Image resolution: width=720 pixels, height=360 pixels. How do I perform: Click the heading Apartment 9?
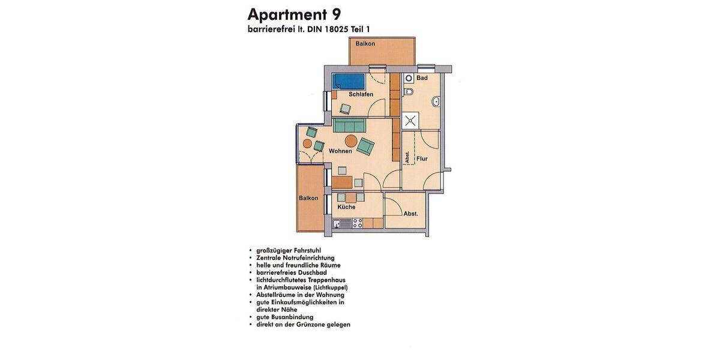point(295,14)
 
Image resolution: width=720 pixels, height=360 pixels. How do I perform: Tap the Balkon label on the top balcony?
point(365,44)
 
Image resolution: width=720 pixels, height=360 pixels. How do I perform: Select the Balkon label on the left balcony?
point(308,198)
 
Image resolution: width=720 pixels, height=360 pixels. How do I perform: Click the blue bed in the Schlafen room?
point(349,81)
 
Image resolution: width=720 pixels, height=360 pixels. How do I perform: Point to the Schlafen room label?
point(361,94)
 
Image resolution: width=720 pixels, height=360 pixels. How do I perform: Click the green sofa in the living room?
point(349,125)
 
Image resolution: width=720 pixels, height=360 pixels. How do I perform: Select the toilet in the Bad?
point(409,92)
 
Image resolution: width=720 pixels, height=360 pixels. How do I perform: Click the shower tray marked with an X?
point(410,119)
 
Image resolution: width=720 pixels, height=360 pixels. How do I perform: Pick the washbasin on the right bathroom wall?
point(437,101)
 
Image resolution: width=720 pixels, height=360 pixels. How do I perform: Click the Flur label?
point(422,159)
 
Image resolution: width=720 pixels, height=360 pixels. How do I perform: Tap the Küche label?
point(346,207)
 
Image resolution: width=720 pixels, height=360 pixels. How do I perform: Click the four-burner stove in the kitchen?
point(358,223)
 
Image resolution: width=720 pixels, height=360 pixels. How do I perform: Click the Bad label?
point(422,78)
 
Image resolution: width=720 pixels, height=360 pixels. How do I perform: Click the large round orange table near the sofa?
point(351,142)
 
